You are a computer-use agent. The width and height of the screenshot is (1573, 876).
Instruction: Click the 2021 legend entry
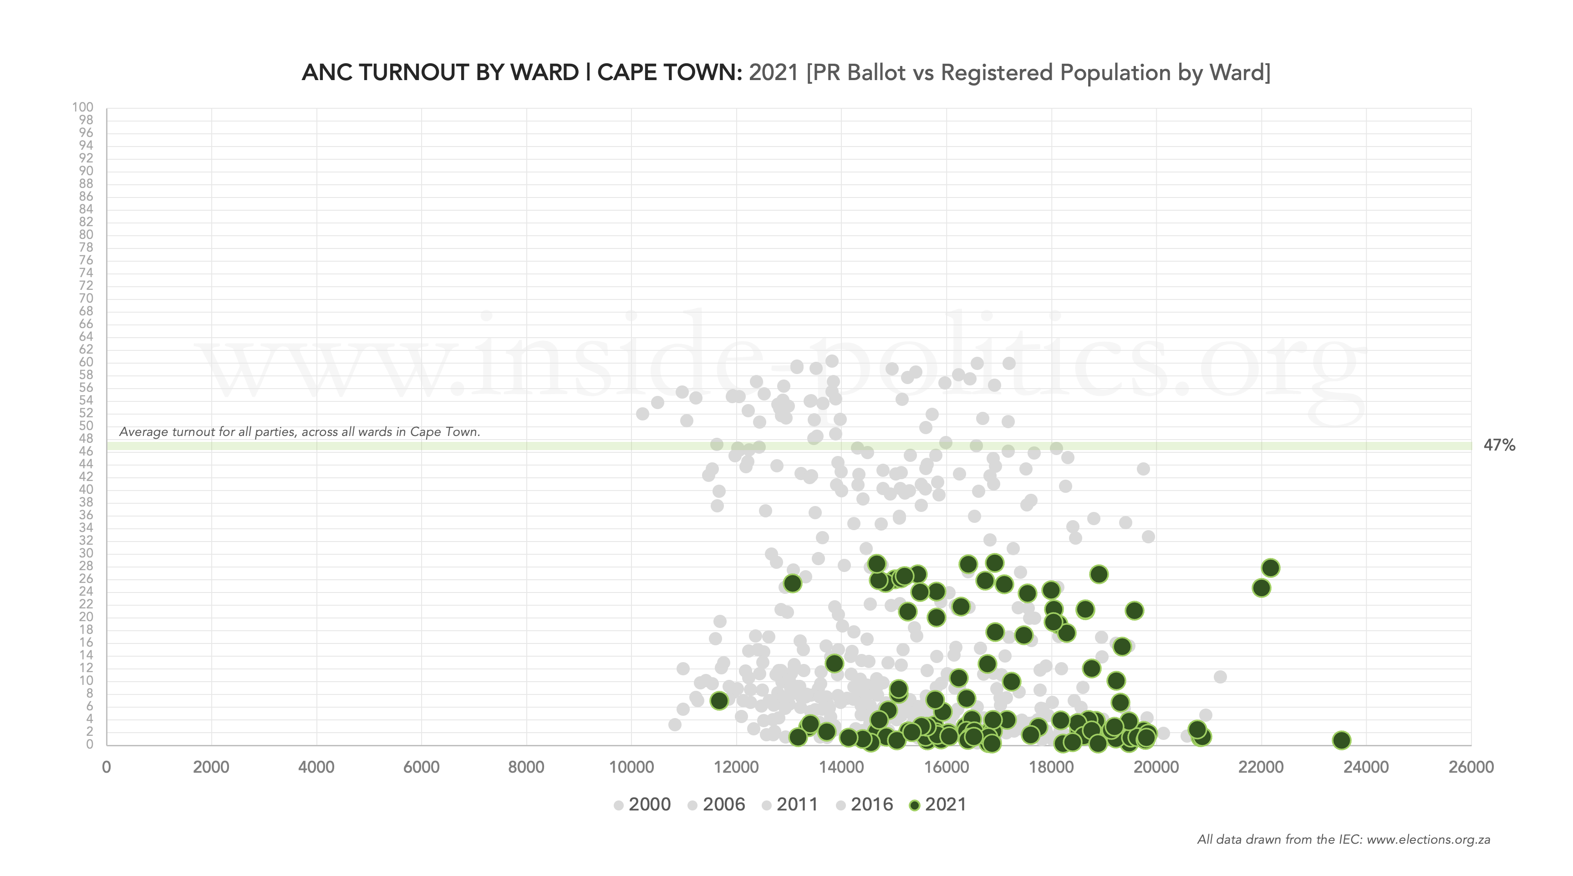pyautogui.click(x=938, y=805)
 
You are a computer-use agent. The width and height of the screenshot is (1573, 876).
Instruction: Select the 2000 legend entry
pyautogui.click(x=642, y=805)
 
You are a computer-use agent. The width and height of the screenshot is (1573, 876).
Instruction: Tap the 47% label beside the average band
pyautogui.click(x=1499, y=446)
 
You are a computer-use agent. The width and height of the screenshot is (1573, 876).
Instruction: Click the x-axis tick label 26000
pyautogui.click(x=1471, y=767)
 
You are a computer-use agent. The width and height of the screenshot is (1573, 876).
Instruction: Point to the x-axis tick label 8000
pyautogui.click(x=526, y=767)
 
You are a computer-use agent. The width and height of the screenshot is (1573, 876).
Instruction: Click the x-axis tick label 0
pyautogui.click(x=107, y=767)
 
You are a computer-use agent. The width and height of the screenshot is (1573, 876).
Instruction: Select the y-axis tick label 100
pyautogui.click(x=83, y=107)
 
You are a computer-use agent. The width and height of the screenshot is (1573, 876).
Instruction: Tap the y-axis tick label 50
pyautogui.click(x=86, y=426)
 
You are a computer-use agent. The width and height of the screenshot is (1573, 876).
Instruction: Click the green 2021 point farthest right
pyautogui.click(x=1341, y=740)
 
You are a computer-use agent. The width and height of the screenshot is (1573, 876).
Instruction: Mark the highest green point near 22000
pyautogui.click(x=1271, y=568)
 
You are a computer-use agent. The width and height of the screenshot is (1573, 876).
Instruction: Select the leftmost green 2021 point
pyautogui.click(x=719, y=701)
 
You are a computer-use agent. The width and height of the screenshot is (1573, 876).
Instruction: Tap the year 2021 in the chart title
pyautogui.click(x=774, y=73)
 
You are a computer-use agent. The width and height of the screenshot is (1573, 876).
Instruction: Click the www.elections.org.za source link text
pyautogui.click(x=1428, y=840)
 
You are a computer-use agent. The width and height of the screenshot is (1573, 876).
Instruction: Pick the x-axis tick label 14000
pyautogui.click(x=841, y=767)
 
